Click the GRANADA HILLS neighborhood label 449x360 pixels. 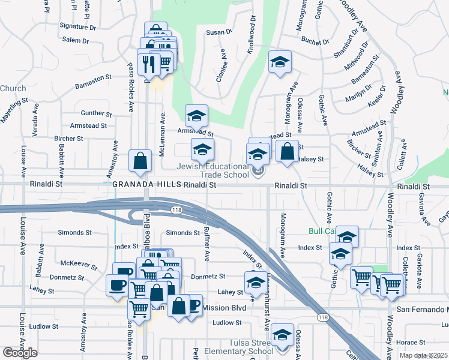(x=147, y=185)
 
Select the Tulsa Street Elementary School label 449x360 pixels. (x=238, y=347)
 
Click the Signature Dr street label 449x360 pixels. (x=78, y=26)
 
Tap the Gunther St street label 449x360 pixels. (x=96, y=113)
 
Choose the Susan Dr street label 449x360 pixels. (x=219, y=32)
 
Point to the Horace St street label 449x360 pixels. (x=411, y=342)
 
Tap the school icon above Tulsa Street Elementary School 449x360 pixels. (x=282, y=335)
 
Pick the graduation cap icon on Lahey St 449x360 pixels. (x=256, y=283)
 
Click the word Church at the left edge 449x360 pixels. (x=13, y=89)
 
